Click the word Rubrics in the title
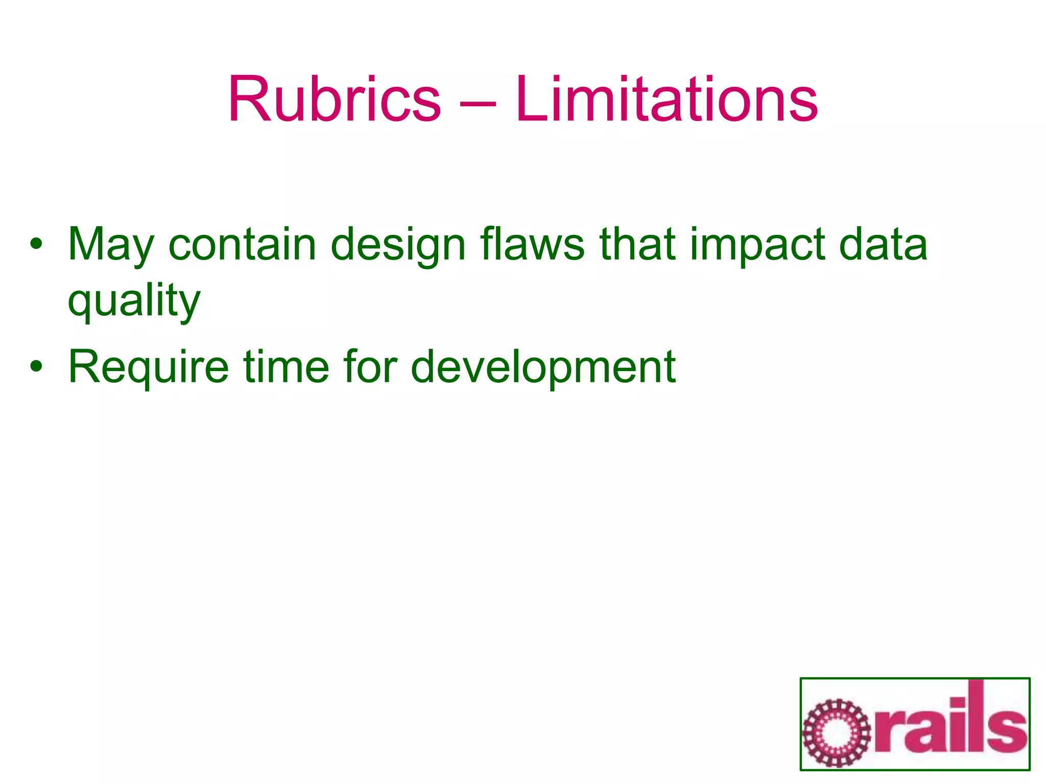point(334,99)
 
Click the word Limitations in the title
point(667,99)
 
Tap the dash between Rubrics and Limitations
point(478,103)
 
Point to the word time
point(286,366)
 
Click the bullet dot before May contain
point(35,244)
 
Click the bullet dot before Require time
point(35,367)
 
